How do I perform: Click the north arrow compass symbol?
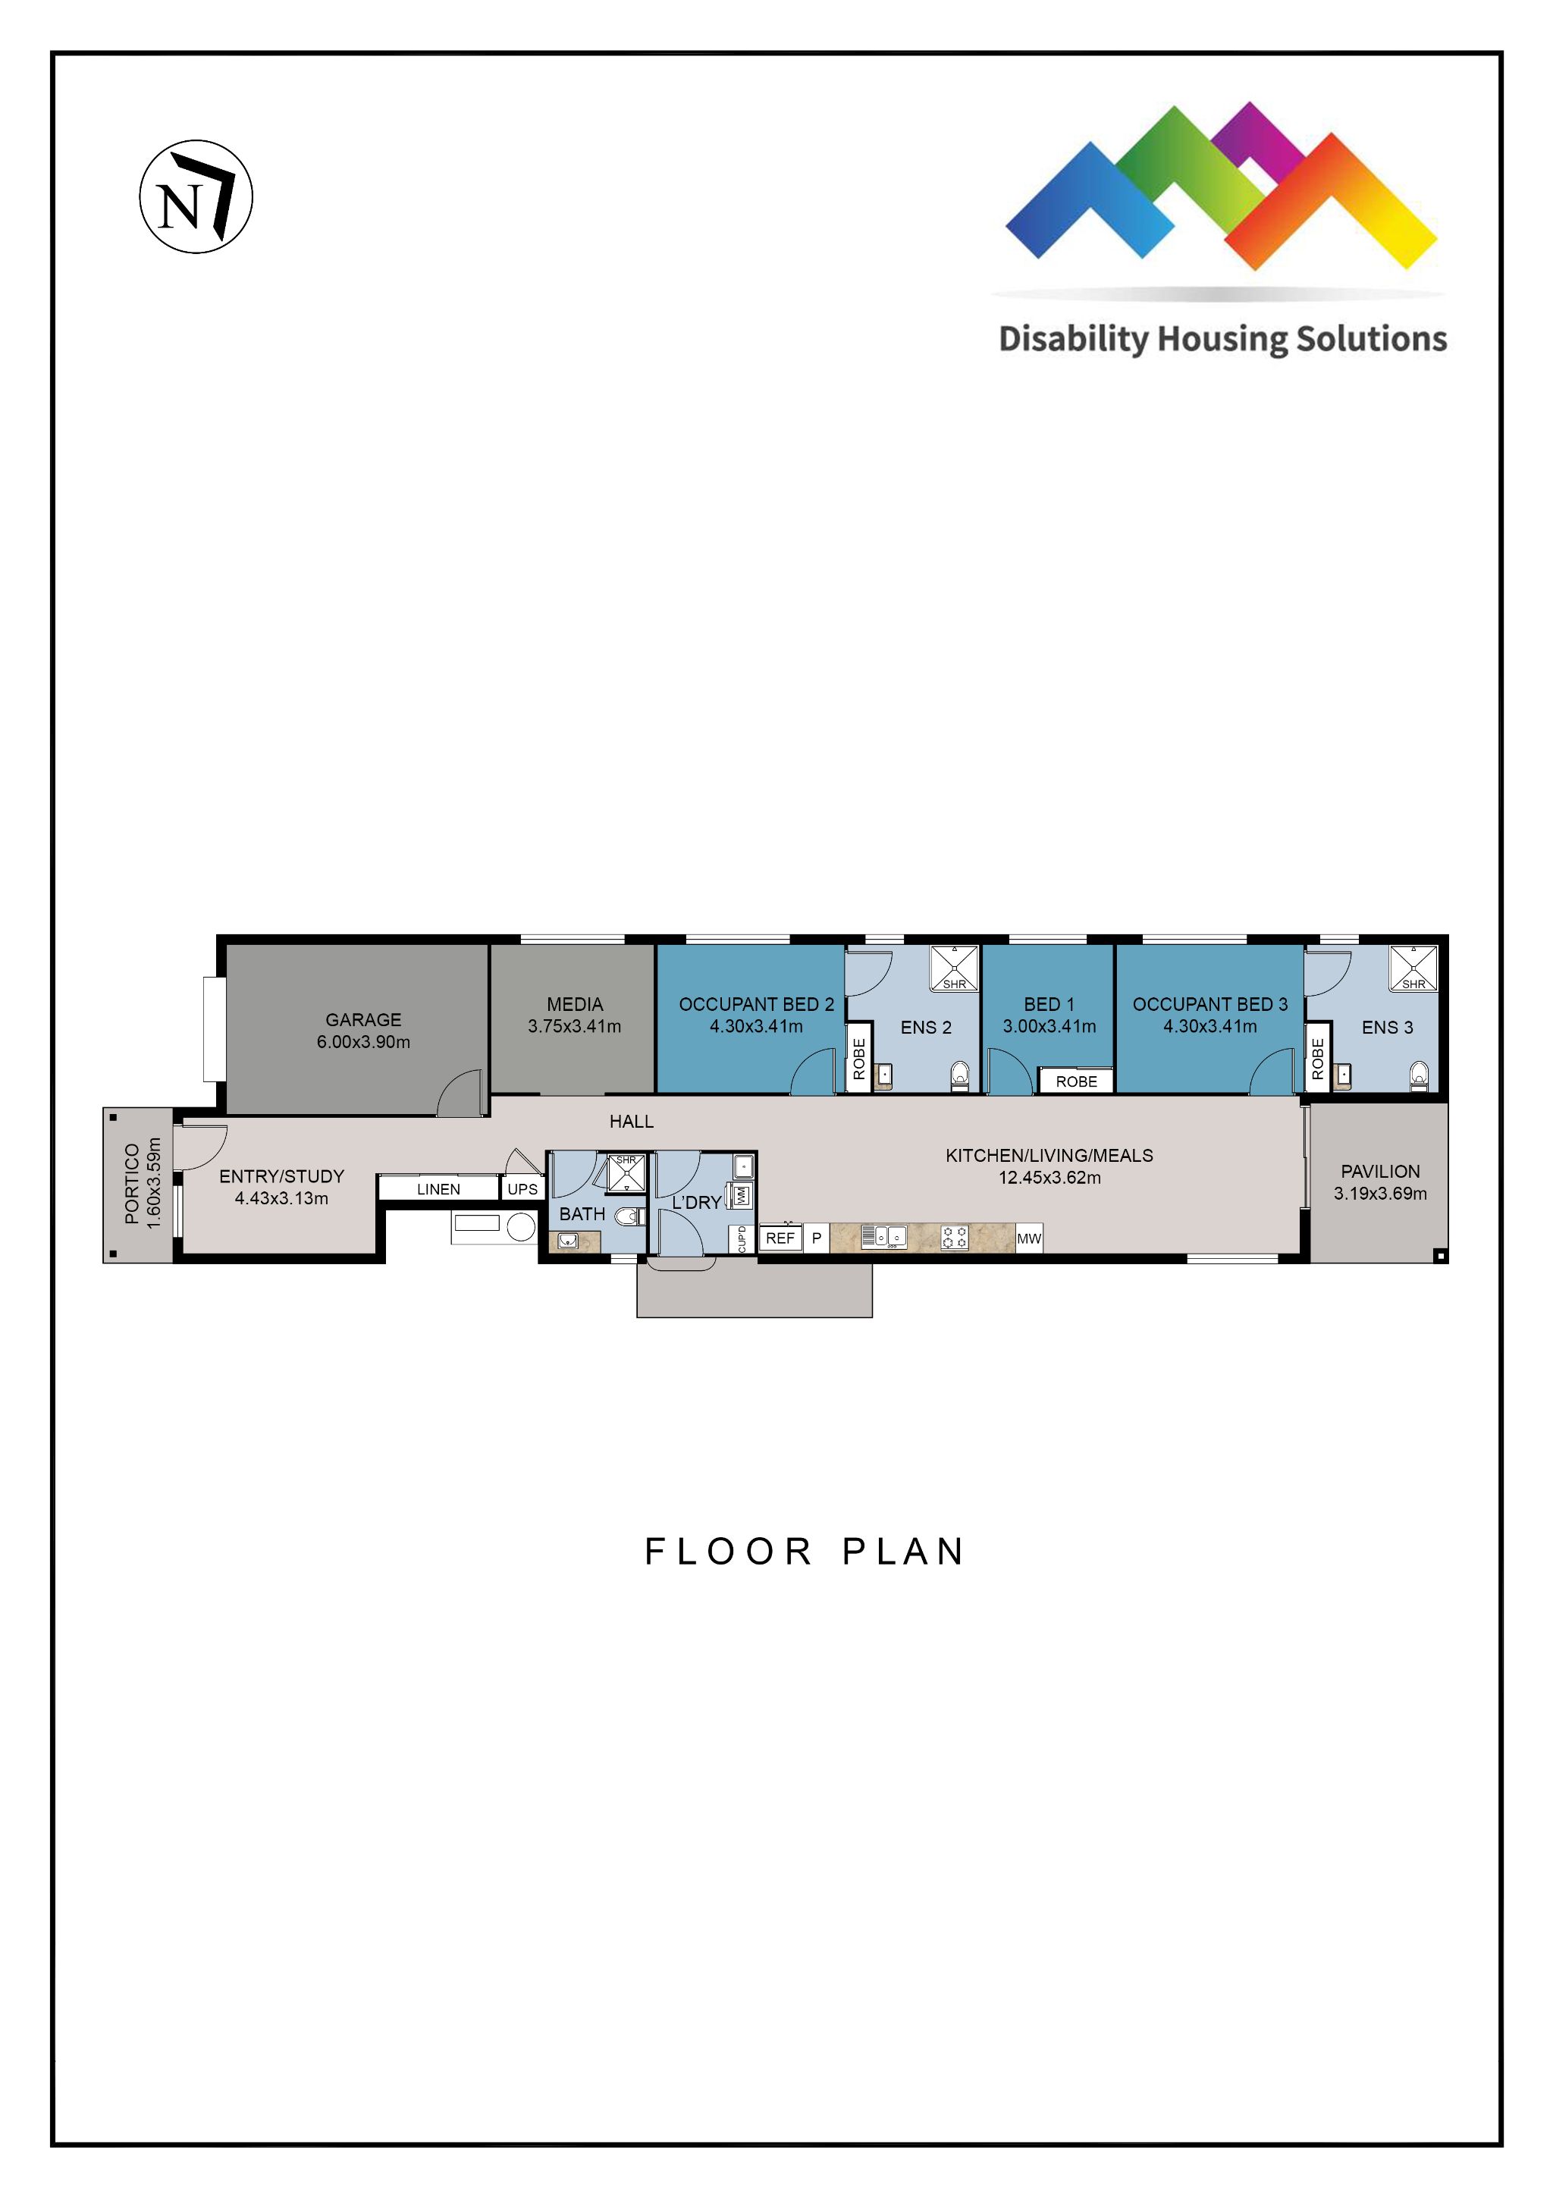(x=196, y=197)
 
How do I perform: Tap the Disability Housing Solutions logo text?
(x=1222, y=339)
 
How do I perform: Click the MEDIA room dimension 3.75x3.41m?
(x=574, y=1027)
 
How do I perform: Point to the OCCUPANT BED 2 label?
(x=756, y=1005)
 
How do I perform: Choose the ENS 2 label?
(x=925, y=1028)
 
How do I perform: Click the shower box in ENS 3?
(x=1413, y=968)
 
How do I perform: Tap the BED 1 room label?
(x=1049, y=1005)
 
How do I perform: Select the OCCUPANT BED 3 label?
(x=1209, y=1005)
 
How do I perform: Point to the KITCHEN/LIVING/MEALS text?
(x=1049, y=1156)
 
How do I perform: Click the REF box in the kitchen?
(x=780, y=1238)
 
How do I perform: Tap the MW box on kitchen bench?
(x=1029, y=1238)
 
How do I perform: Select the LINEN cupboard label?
(x=438, y=1189)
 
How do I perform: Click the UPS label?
(x=522, y=1189)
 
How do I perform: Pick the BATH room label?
(x=582, y=1214)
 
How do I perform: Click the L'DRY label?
(x=695, y=1203)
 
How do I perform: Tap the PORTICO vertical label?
(x=132, y=1185)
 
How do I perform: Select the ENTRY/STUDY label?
(x=281, y=1177)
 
